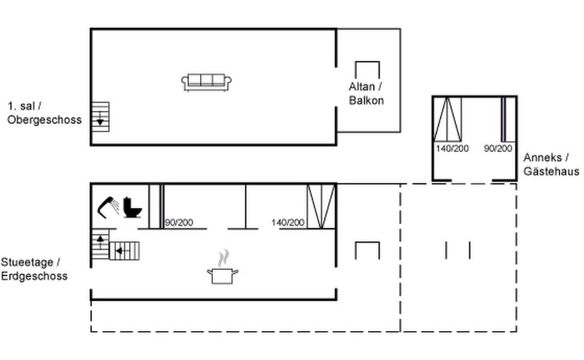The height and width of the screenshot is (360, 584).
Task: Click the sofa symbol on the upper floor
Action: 206,82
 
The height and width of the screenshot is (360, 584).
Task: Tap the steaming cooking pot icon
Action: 222,268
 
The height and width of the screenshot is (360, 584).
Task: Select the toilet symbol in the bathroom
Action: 132,207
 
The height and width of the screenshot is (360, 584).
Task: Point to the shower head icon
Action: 108,207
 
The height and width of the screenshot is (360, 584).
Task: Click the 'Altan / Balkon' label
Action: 366,94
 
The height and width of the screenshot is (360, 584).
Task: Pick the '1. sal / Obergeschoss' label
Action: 44,113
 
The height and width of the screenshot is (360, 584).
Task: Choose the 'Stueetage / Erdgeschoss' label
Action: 34,269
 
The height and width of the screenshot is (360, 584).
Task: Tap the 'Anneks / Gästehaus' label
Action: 551,164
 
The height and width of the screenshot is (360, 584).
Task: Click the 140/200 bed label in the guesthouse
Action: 452,149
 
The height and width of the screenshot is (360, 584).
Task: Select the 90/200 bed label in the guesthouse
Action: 498,149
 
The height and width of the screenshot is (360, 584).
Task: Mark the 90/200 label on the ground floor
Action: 178,222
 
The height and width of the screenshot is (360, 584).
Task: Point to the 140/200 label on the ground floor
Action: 288,222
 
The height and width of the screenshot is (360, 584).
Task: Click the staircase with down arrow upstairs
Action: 100,117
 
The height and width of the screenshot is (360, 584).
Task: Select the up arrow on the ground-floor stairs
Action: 100,241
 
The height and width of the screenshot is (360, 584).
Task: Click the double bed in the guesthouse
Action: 447,119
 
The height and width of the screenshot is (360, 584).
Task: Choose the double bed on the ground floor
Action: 321,206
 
